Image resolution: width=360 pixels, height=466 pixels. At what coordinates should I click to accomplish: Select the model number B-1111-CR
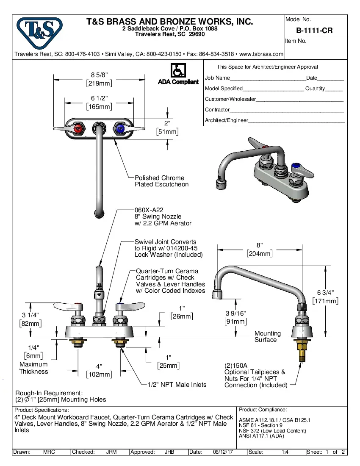[x=314, y=31]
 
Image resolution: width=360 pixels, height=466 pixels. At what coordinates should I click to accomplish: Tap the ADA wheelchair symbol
[x=177, y=70]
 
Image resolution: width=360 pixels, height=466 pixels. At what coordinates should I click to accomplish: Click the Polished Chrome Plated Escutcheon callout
[x=161, y=181]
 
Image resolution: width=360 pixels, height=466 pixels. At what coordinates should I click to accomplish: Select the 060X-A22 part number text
[x=149, y=210]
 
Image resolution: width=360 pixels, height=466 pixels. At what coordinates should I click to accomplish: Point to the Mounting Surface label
[x=267, y=336]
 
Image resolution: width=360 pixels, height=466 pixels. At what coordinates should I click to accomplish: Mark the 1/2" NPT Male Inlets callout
[x=177, y=385]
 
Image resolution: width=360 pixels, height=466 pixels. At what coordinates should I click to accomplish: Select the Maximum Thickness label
[x=33, y=368]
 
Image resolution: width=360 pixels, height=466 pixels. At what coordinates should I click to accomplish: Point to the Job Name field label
[x=217, y=78]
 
